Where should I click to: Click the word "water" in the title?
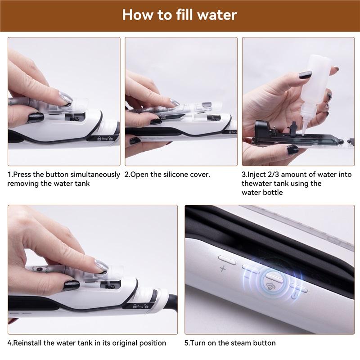tap(215, 14)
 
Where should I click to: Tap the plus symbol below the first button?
tap(222, 269)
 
